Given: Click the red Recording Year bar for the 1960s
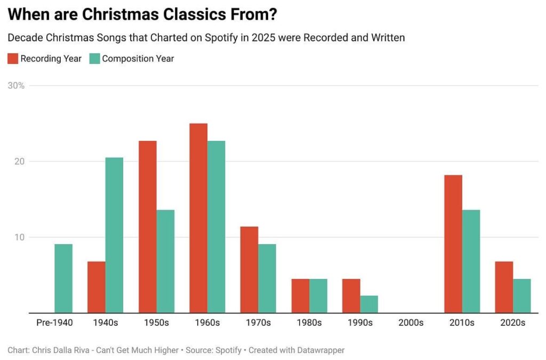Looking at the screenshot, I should [198, 218].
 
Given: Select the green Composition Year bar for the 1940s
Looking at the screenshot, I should [114, 235].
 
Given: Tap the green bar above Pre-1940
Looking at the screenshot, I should [63, 278].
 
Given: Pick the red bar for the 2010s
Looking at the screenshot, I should [453, 244].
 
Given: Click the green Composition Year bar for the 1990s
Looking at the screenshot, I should [369, 304].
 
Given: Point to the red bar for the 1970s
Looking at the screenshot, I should [249, 270].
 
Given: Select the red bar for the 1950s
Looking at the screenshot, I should [148, 227].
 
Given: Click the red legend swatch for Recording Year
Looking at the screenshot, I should [13, 59].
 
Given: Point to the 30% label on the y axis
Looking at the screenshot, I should [16, 85].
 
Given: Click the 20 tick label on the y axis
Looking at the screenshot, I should [20, 162].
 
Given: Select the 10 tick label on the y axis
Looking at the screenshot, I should [20, 237].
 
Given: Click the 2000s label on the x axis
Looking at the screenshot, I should [411, 323].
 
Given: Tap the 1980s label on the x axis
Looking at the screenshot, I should [309, 323].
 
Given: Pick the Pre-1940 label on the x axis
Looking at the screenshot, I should [54, 323].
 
